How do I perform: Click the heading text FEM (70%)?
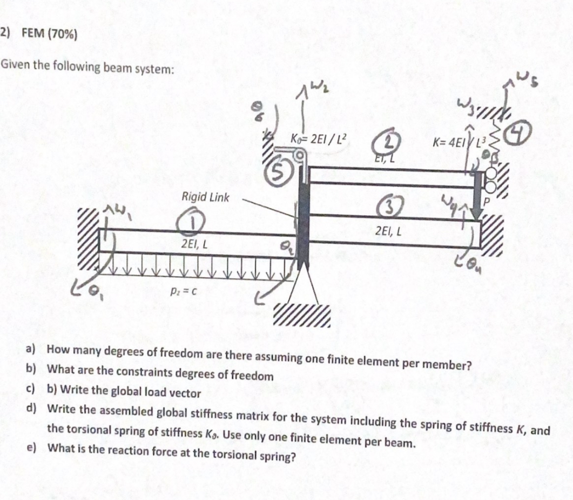point(49,34)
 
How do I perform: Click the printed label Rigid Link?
point(205,197)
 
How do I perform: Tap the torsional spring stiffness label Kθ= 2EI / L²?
point(319,138)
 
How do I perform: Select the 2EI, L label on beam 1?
point(196,244)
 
